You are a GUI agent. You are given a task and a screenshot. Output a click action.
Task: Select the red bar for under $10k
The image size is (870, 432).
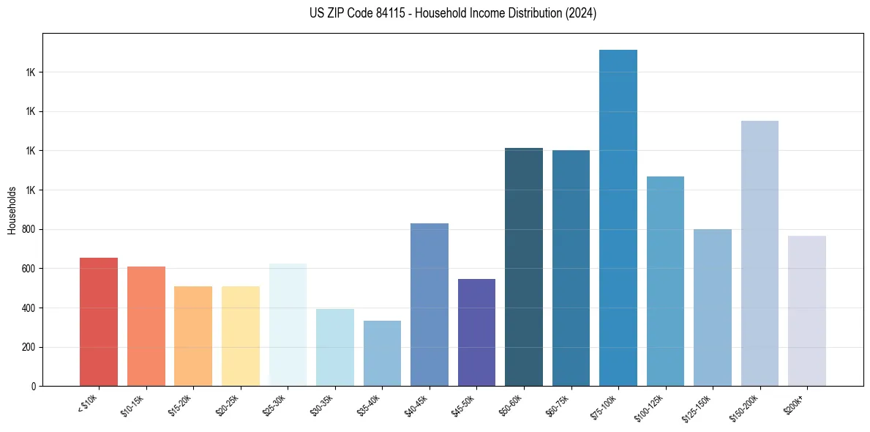pyautogui.click(x=99, y=321)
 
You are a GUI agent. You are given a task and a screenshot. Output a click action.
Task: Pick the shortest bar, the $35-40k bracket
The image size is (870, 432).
pyautogui.click(x=382, y=353)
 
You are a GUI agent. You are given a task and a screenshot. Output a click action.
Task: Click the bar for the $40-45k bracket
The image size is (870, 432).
pyautogui.click(x=430, y=305)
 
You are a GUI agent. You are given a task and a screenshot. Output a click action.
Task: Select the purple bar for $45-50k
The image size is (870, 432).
pyautogui.click(x=476, y=332)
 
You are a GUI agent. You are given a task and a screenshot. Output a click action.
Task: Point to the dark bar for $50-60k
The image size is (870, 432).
pyautogui.click(x=524, y=267)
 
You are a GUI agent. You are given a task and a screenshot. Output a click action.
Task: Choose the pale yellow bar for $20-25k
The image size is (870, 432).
pyautogui.click(x=241, y=336)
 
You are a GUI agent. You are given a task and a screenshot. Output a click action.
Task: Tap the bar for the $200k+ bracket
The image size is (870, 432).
pyautogui.click(x=807, y=310)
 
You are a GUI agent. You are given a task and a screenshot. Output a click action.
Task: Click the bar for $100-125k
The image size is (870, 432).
pyautogui.click(x=665, y=281)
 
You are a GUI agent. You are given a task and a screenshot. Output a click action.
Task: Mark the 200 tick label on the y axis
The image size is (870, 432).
pyautogui.click(x=30, y=347)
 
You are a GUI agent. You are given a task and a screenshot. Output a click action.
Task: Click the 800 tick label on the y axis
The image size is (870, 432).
pyautogui.click(x=30, y=229)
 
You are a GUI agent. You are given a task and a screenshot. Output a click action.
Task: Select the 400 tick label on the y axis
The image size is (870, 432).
pyautogui.click(x=30, y=308)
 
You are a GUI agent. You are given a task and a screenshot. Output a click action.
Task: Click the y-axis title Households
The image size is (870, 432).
pyautogui.click(x=12, y=210)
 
